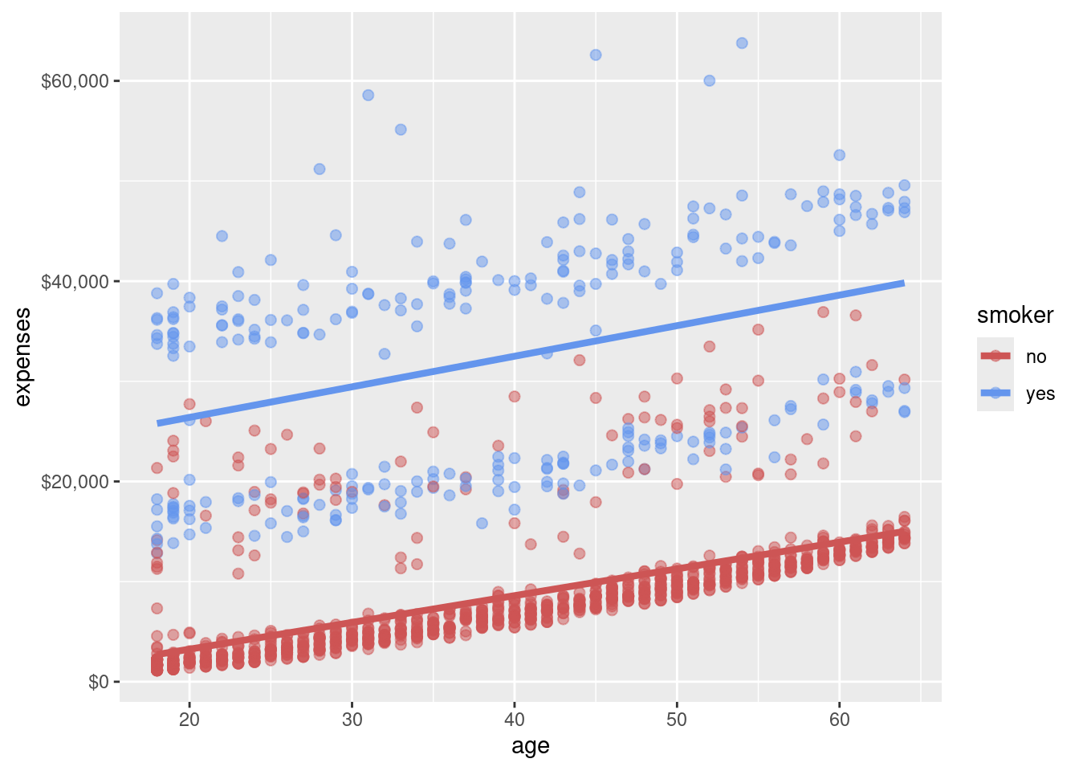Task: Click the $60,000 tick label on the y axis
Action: pos(75,81)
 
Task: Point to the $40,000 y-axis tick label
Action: pos(75,281)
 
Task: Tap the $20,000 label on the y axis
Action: pos(75,482)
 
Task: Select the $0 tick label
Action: pos(98,682)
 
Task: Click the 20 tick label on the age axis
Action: pos(189,719)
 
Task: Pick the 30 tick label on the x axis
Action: pos(352,719)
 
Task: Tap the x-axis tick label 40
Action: pos(515,719)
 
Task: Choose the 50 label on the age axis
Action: pos(677,719)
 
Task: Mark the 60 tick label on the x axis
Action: pos(839,719)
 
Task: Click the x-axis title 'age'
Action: pos(531,746)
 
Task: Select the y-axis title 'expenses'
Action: pos(22,357)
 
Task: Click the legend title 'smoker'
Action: pos(1015,316)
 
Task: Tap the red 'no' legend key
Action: pos(996,356)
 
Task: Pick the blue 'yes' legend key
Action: pos(996,393)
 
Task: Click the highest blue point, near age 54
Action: pos(742,43)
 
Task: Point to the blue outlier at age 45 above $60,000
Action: pos(596,55)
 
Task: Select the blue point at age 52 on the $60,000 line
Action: pos(710,80)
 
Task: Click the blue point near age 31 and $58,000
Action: pos(368,95)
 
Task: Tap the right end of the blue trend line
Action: pos(904,283)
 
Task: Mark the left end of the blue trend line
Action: pos(158,423)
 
